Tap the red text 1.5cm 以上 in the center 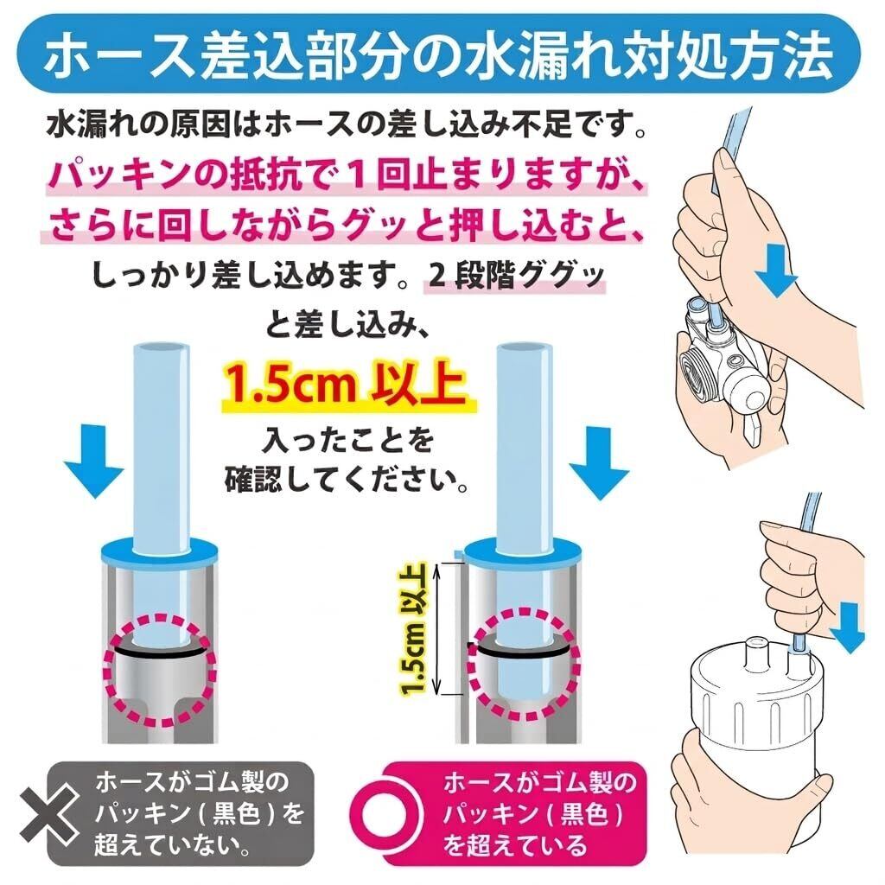(346, 385)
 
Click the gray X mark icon (49, 813)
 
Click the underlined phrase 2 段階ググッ (515, 276)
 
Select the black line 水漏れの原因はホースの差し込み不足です (346, 124)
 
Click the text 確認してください (346, 480)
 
